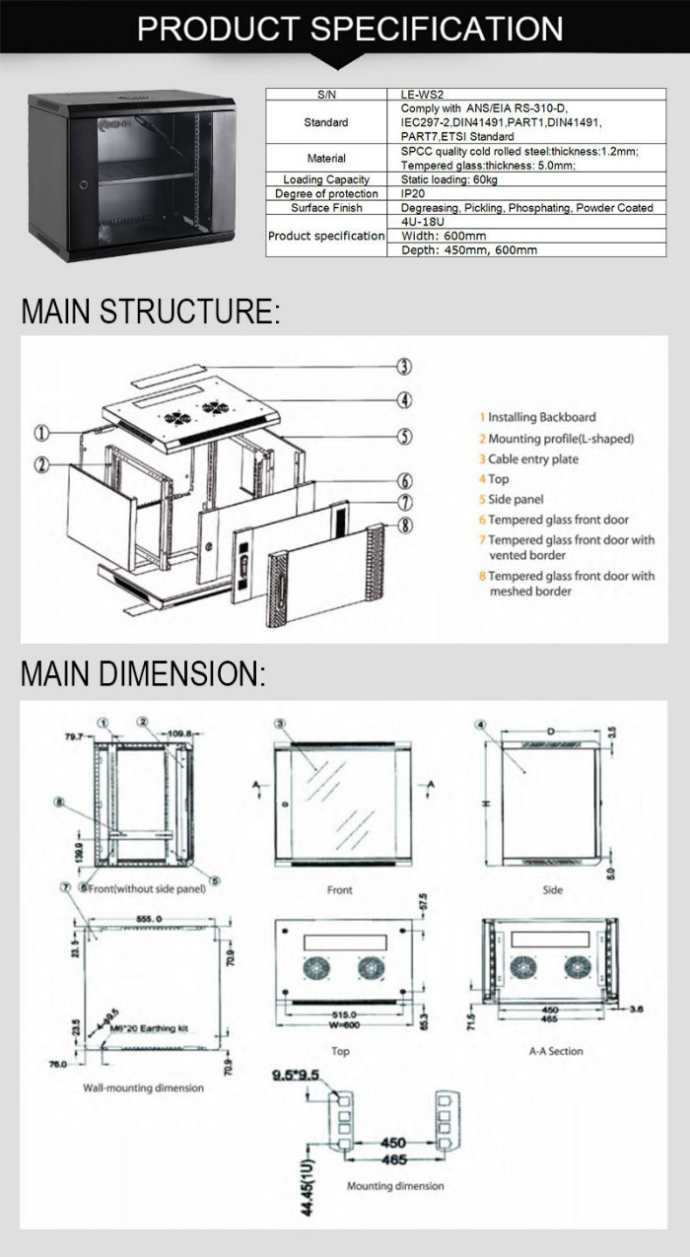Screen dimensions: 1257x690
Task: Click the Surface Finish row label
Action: tap(326, 208)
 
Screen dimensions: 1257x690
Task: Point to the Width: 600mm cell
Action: tap(444, 237)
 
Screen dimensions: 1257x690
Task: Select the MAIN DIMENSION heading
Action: tap(143, 675)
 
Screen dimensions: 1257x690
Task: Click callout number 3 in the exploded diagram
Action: tap(404, 367)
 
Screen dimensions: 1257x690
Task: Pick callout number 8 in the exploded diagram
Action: tap(404, 524)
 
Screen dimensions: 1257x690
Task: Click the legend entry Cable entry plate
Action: tap(533, 459)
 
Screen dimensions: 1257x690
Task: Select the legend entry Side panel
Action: tap(516, 500)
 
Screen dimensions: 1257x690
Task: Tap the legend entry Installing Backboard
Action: tap(541, 418)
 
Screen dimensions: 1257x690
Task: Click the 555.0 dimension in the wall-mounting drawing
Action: tap(149, 918)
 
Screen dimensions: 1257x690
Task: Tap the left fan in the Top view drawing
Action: tap(319, 965)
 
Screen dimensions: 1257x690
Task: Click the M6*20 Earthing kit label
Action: tap(149, 1028)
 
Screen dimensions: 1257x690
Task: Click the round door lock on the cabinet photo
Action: tap(82, 183)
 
